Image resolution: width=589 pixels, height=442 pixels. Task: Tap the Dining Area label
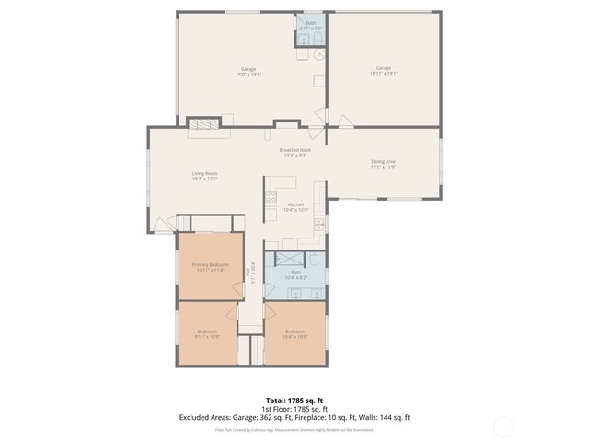(383, 164)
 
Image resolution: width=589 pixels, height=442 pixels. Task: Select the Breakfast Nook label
(294, 153)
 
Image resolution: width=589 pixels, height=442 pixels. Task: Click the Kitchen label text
(295, 206)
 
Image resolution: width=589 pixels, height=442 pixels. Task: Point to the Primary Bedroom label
(209, 267)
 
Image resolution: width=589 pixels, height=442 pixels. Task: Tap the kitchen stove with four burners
(271, 196)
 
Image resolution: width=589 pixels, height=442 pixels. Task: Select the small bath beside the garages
(312, 27)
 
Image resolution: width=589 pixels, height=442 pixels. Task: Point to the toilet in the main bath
(313, 260)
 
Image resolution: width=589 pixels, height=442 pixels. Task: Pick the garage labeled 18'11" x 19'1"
(384, 71)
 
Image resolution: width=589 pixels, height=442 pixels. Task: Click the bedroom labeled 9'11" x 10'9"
(207, 333)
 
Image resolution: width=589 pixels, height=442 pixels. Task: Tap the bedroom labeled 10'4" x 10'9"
(295, 333)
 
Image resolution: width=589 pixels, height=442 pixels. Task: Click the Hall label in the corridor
(253, 276)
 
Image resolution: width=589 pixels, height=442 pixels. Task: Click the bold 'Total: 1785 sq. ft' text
(294, 400)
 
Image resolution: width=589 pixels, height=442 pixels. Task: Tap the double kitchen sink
(318, 226)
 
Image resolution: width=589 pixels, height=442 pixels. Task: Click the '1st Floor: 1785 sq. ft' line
(294, 409)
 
